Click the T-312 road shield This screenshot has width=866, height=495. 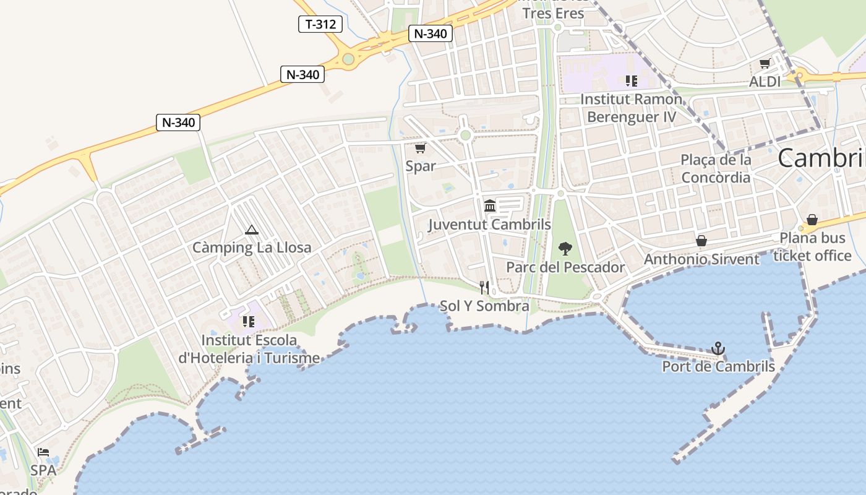pos(320,24)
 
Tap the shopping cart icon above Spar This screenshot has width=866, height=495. pos(421,148)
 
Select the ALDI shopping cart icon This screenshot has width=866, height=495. pos(765,63)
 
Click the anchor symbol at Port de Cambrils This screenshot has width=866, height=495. pos(718,348)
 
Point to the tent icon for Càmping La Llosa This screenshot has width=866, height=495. pos(251,230)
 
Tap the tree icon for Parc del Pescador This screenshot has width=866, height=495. pos(565,249)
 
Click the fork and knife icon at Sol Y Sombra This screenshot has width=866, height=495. pos(484,287)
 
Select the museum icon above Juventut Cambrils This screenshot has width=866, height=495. pos(490,205)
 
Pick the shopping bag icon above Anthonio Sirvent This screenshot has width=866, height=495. pos(701,240)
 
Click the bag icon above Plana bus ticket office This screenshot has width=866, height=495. pos(812,220)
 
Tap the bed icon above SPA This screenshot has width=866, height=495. pos(43,452)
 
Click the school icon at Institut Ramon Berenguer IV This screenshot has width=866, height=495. pos(631,80)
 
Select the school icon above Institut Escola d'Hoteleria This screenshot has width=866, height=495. pos(249,321)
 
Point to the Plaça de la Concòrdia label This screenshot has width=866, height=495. pos(716,168)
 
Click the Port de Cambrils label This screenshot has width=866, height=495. pos(718,366)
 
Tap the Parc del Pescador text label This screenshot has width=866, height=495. pos(565,267)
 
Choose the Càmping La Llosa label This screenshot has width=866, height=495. pos(252,248)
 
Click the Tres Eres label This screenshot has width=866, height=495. pos(553,14)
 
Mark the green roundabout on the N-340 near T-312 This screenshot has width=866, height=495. pos(348,59)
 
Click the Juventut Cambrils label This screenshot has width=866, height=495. pos(489,224)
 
